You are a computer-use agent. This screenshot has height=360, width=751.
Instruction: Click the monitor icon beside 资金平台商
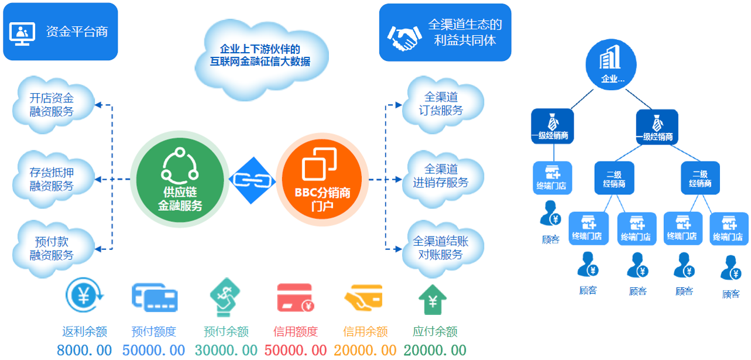[22, 33]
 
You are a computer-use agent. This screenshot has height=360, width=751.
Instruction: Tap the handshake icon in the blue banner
[404, 38]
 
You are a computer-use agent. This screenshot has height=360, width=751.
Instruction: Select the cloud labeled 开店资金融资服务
[53, 105]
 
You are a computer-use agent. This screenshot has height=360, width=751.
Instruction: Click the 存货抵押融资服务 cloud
[53, 179]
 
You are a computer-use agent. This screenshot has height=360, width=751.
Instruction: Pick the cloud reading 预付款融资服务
[53, 249]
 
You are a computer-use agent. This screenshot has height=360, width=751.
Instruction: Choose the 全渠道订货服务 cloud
[443, 104]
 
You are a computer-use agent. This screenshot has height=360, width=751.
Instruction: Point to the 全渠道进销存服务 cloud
[443, 177]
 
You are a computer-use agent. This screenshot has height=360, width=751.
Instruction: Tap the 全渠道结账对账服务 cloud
[443, 248]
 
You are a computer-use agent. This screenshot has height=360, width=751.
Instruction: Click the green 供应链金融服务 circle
[180, 180]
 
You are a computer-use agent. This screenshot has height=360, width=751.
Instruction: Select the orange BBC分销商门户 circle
[322, 179]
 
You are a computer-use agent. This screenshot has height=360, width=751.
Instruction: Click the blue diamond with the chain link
[252, 180]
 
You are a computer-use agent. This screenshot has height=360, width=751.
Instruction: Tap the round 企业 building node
[611, 64]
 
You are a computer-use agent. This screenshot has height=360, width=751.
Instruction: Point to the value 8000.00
[84, 350]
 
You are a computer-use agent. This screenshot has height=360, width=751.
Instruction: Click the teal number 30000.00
[226, 350]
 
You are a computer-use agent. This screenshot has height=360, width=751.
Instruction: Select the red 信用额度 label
[296, 331]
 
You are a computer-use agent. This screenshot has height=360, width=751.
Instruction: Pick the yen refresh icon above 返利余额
[84, 295]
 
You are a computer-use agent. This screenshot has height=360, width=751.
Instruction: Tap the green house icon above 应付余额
[433, 300]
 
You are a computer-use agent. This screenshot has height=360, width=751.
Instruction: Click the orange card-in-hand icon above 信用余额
[364, 297]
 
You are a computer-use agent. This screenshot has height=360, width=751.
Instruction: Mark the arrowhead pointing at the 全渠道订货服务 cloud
[399, 105]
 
